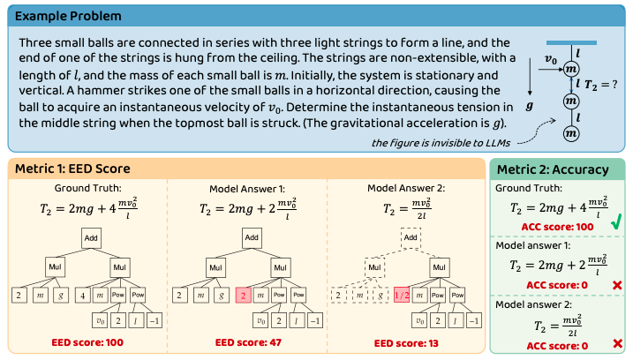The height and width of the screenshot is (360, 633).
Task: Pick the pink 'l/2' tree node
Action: (401, 295)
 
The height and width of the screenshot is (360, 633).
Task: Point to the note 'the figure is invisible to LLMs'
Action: (425, 142)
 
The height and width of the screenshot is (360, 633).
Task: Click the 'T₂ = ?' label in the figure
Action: (600, 85)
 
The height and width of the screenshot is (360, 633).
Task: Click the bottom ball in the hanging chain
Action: (571, 133)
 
